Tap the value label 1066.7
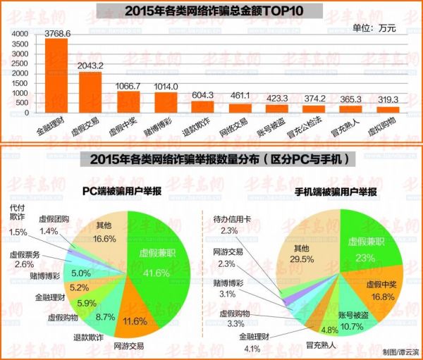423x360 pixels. point(128,87)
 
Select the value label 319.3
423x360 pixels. point(388,99)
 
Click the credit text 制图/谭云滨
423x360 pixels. point(398,351)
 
